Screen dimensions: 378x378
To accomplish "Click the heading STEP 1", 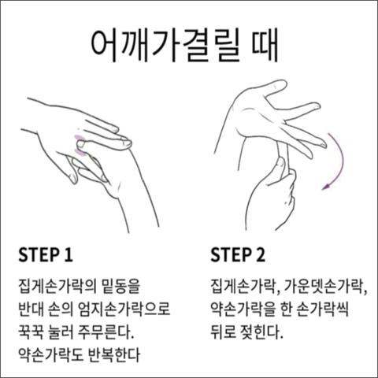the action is click(45, 254).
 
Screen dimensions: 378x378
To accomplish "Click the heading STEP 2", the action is click(238, 254).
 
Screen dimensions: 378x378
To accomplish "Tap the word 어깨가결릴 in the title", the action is click(165, 47).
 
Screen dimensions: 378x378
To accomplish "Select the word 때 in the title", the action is click(265, 46).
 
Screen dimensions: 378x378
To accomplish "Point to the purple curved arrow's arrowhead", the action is click(326, 187).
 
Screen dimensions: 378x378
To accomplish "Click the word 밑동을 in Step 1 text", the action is click(120, 286).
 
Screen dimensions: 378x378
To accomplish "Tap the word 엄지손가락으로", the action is click(124, 309).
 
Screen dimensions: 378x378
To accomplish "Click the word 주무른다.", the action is click(106, 332).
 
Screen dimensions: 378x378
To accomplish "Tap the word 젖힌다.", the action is click(261, 332).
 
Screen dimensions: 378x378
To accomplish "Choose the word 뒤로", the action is click(222, 332).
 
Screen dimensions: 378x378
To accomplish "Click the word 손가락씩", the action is click(323, 309).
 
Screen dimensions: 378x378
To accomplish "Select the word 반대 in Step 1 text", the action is click(30, 309).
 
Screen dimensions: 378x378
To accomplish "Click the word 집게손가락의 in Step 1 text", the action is click(57, 286).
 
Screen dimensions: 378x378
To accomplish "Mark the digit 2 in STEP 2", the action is click(260, 254).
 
